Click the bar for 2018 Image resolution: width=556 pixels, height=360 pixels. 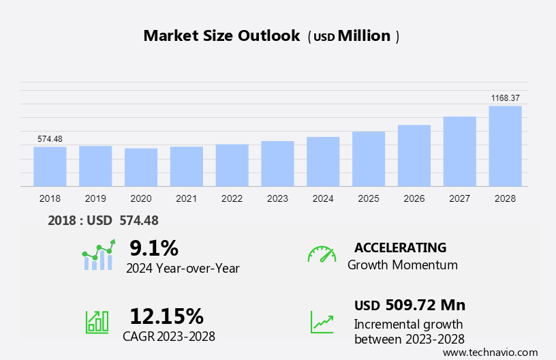pos(50,166)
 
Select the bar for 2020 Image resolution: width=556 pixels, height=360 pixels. pos(141,167)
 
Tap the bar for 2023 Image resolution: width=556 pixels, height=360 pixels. pos(277,164)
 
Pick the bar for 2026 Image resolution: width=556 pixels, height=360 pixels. pos(414,155)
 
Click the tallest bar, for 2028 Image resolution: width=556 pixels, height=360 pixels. pos(505,146)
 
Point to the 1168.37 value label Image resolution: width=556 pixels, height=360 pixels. pos(505,98)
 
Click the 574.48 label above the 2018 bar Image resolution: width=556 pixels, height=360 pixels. pos(50,139)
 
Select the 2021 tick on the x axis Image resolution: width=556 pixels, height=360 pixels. pos(186,198)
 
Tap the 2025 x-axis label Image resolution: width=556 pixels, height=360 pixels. pos(369,198)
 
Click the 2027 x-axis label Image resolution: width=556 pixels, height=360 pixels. pos(459,198)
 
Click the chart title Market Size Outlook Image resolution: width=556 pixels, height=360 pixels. pos(221,36)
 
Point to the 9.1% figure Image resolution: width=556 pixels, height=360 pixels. pos(153,247)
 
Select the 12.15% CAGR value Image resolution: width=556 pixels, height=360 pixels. pos(166,316)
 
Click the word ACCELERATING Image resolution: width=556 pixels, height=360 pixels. pos(400,247)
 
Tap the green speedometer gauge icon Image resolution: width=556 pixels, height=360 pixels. pos(322,254)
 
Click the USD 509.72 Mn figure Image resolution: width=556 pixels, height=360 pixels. pos(410,305)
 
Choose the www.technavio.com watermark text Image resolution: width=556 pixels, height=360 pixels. pos(490,352)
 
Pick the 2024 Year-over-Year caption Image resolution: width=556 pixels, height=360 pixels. pos(183,268)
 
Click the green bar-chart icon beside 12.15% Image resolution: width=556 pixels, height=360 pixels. pos(97,321)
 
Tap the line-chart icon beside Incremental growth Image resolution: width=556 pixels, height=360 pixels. pos(322,321)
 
